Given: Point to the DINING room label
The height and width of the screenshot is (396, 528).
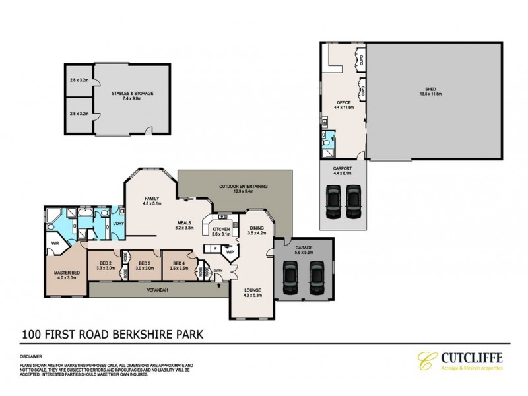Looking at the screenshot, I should [256, 229].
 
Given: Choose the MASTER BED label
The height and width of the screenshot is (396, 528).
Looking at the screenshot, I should [67, 273].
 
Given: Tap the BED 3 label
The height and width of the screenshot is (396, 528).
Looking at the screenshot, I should [144, 266].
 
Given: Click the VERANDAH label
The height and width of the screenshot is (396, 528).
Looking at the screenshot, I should [152, 288].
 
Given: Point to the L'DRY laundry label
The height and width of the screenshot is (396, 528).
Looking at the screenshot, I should [119, 224].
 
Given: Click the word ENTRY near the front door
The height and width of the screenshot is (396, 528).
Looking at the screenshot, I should [218, 271].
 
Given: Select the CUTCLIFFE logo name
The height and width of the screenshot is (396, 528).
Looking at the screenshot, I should [467, 358].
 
